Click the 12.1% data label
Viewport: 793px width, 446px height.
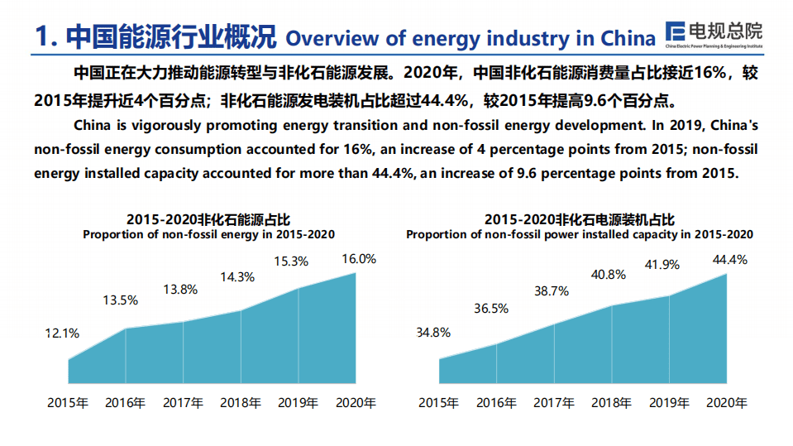(x=62, y=333)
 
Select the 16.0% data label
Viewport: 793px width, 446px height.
(x=358, y=258)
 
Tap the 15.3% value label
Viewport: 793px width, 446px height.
(x=291, y=261)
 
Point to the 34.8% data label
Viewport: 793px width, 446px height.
(x=433, y=333)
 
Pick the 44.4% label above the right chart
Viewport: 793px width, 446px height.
(x=729, y=259)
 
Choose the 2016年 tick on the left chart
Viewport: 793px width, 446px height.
(x=126, y=404)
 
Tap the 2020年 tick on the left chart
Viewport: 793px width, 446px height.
(x=356, y=404)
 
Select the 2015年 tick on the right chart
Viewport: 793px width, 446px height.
(x=439, y=404)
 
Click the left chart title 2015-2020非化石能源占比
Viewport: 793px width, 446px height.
(x=208, y=220)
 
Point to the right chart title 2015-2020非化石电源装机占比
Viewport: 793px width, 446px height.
(x=579, y=220)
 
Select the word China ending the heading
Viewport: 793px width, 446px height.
(x=628, y=38)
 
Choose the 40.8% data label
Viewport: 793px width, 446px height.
(x=609, y=275)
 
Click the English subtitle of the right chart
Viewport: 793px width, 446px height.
(x=579, y=234)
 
